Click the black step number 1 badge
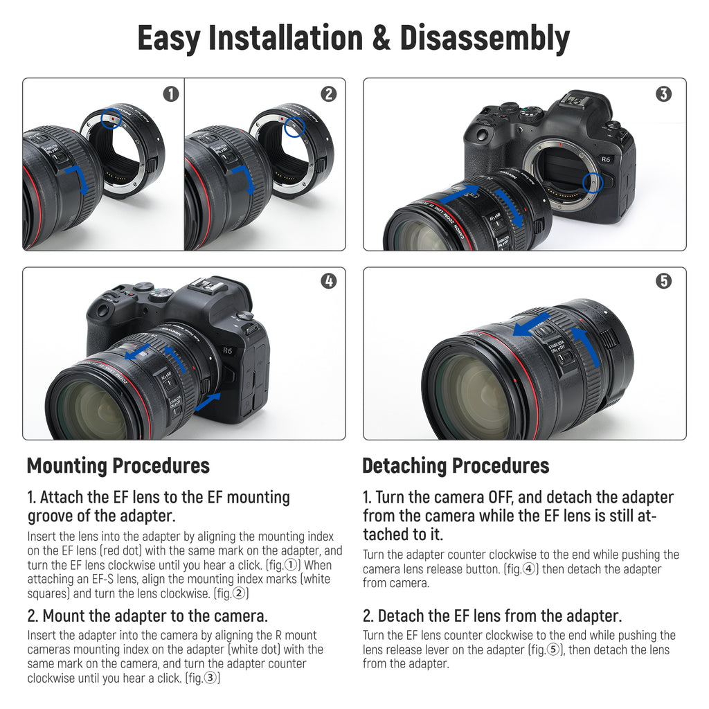[x=171, y=94]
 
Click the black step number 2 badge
[x=329, y=94]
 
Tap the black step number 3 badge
[x=663, y=94]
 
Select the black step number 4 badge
[x=329, y=281]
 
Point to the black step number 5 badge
[x=663, y=281]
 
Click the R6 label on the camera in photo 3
[x=605, y=159]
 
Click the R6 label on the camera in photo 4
[x=227, y=350]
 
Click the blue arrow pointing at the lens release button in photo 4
[x=208, y=402]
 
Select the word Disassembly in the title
[x=484, y=39]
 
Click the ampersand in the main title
[x=382, y=38]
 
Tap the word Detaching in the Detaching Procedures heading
[x=404, y=467]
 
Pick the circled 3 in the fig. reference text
[x=210, y=678]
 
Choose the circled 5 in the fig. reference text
[x=553, y=649]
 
